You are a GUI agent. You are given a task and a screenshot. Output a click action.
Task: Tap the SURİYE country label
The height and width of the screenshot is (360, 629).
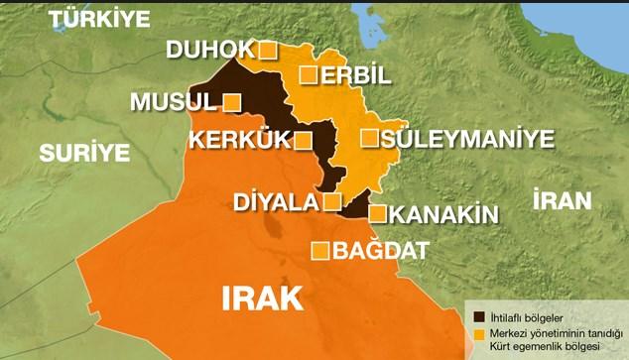(85, 153)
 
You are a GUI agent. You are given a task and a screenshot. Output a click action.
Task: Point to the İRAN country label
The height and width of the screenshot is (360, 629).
(562, 199)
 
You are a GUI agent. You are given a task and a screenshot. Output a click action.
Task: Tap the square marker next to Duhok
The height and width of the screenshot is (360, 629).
(267, 50)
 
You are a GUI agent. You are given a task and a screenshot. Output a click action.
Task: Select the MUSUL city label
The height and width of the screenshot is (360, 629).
(173, 102)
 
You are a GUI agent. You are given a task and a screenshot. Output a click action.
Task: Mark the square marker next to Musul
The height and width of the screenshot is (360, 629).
(232, 102)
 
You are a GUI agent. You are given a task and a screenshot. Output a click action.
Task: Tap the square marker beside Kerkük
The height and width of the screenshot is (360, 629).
(305, 140)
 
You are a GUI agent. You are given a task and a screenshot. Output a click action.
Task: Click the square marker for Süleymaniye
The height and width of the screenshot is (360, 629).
(370, 138)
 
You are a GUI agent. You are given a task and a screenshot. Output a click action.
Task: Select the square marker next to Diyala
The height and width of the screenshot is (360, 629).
(333, 203)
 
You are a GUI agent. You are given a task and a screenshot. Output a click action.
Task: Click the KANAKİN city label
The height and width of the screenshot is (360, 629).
(441, 213)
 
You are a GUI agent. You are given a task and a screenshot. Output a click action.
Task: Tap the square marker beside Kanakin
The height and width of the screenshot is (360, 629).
(377, 212)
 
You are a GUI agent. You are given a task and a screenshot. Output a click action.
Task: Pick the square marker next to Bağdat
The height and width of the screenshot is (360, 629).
(320, 251)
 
